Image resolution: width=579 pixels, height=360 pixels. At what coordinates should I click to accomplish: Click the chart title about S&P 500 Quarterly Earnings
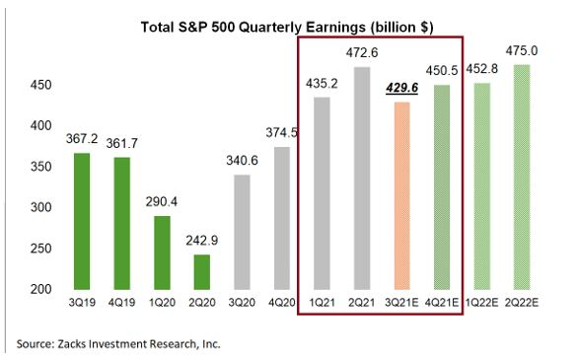click(x=288, y=23)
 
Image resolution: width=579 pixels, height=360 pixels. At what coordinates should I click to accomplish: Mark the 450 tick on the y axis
click(x=39, y=85)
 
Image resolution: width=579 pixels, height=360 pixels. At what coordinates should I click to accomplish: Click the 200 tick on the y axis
click(x=39, y=288)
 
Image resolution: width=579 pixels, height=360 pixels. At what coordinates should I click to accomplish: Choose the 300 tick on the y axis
click(x=39, y=207)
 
